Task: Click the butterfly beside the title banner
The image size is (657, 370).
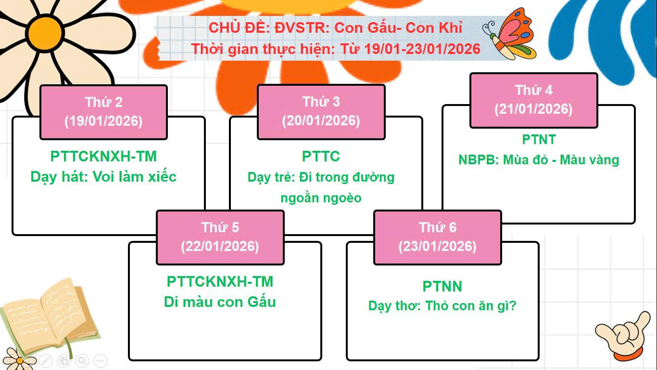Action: (x=510, y=34)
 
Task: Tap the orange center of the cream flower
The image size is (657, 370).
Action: (x=45, y=33)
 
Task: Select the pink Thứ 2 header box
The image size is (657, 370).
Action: (x=103, y=112)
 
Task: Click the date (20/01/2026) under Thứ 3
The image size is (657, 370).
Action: (x=321, y=121)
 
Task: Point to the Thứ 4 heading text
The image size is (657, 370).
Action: (x=533, y=90)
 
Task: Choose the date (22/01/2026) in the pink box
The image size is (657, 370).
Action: (x=220, y=246)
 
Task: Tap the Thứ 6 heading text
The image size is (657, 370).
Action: (x=438, y=227)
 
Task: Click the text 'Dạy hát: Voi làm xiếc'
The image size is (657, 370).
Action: (x=103, y=177)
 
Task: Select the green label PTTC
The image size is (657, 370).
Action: (x=321, y=156)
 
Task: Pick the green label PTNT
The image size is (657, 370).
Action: (x=539, y=139)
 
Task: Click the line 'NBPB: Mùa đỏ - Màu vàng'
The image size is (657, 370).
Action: (x=539, y=160)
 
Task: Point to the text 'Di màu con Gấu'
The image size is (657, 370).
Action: (x=220, y=302)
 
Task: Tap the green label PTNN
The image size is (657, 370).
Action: (x=442, y=286)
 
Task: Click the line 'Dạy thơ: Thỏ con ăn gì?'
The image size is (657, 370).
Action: (x=442, y=306)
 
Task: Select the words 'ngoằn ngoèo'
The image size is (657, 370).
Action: (x=321, y=198)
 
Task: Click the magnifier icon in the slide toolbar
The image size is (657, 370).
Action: (x=82, y=360)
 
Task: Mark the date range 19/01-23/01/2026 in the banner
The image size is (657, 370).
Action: (x=422, y=49)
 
